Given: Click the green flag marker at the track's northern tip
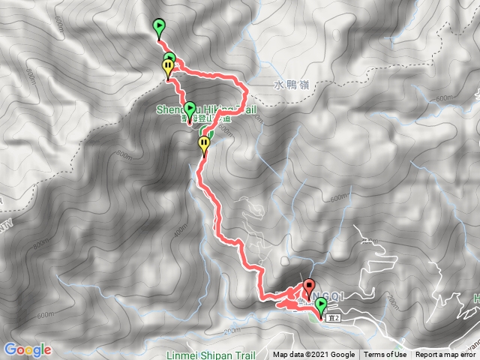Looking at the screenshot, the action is (x=159, y=28).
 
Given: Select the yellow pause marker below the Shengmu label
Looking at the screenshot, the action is (x=204, y=144).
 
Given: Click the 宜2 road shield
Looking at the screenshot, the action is (x=335, y=318).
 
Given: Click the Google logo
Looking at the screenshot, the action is (x=27, y=349).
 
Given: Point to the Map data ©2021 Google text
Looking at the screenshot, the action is (x=313, y=355).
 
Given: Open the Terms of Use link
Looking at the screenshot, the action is (x=385, y=355).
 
